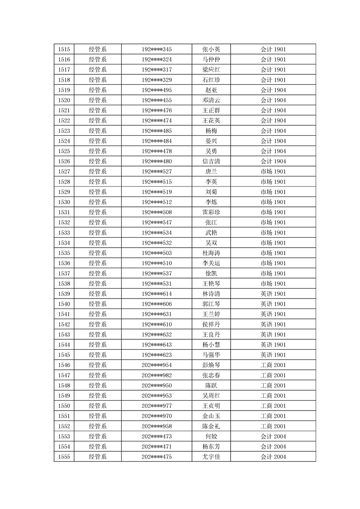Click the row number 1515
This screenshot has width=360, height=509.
64,49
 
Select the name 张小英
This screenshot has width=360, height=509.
211,49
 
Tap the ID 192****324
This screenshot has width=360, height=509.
157,59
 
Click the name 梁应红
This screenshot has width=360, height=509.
211,70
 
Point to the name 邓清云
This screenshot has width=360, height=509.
211,100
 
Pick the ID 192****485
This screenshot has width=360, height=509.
157,131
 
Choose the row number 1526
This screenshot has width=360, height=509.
64,162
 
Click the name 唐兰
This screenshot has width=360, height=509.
211,171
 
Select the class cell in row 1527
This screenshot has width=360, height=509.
273,171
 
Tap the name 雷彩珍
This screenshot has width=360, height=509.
211,212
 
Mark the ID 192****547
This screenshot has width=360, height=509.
157,222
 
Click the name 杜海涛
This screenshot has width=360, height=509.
211,253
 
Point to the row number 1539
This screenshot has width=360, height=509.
64,294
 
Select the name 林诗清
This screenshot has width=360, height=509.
211,294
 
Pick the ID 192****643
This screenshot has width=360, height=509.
157,345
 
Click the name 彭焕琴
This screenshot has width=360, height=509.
211,365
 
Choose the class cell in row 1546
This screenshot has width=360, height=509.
273,365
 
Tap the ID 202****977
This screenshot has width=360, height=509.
157,406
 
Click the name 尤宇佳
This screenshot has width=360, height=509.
211,457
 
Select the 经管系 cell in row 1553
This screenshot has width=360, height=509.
98,436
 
